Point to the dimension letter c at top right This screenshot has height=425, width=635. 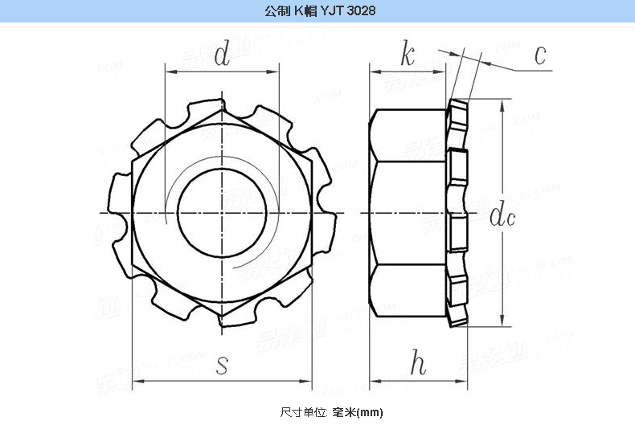tap(540, 55)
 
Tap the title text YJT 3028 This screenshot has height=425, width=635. tap(348, 12)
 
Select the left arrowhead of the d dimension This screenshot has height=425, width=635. tap(170, 71)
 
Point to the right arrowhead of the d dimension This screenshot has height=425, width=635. tap(274, 71)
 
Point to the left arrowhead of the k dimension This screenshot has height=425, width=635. tap(375, 71)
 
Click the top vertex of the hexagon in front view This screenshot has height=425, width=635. tap(221, 110)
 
